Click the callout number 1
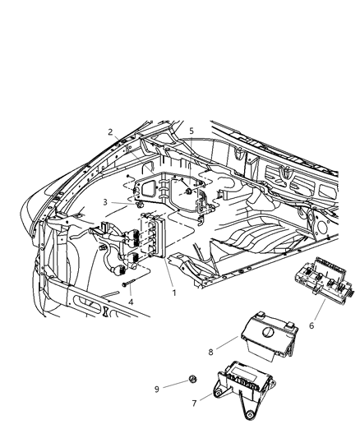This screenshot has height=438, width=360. point(173,292)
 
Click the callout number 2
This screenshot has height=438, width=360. point(110,132)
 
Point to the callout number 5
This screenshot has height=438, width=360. point(190,131)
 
